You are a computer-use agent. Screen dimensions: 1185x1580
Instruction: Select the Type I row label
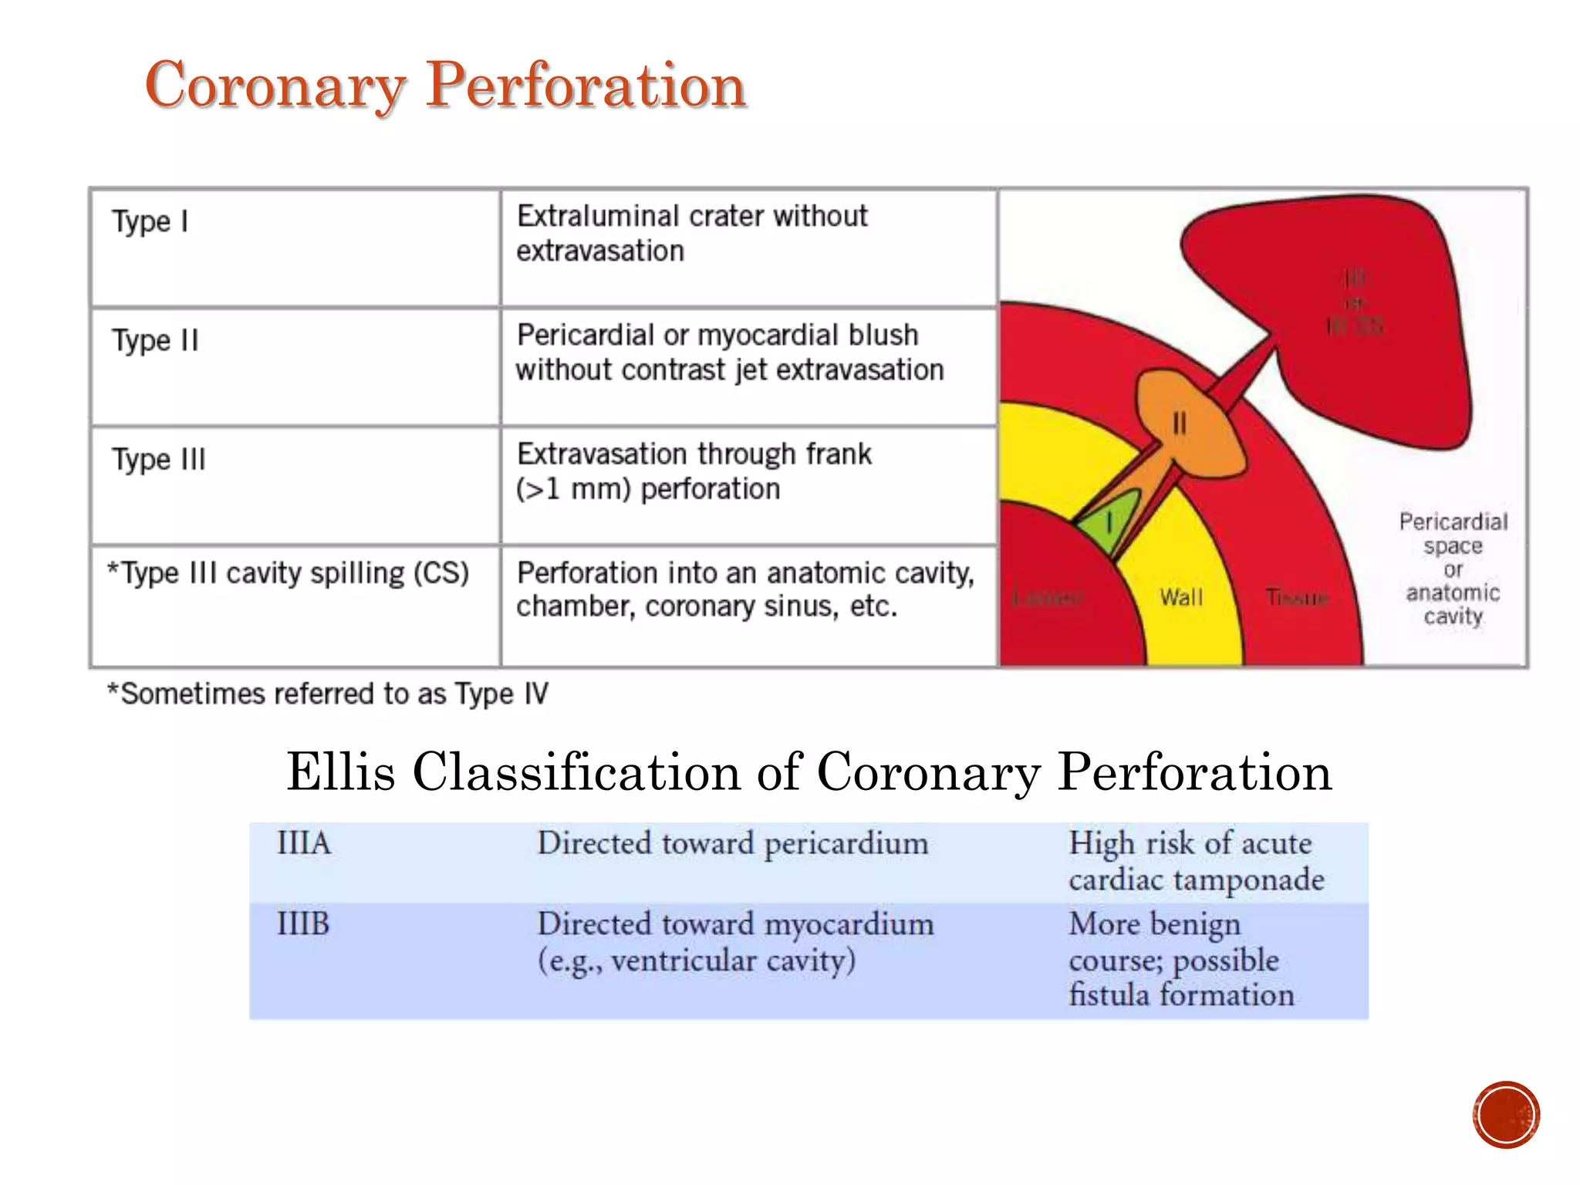tap(150, 221)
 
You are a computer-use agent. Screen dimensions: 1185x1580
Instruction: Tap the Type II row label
tap(155, 340)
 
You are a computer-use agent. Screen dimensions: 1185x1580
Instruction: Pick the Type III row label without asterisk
tap(159, 460)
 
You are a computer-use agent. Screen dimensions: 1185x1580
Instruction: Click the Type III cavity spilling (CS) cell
tap(288, 574)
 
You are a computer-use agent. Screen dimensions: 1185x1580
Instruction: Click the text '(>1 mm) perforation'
tap(648, 489)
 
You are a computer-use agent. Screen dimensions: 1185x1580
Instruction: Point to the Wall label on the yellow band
tap(1181, 597)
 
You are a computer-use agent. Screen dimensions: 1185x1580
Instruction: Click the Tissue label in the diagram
tap(1297, 597)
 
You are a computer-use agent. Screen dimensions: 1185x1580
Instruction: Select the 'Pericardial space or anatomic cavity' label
tap(1453, 569)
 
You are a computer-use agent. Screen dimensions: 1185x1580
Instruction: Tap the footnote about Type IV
tap(328, 694)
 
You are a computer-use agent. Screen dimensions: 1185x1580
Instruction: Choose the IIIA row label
tap(304, 843)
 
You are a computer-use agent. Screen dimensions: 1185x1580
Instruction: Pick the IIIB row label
tap(303, 924)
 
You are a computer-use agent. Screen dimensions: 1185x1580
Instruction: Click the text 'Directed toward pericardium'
tap(732, 843)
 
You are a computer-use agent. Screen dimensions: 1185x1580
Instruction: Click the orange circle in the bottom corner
tap(1505, 1115)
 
